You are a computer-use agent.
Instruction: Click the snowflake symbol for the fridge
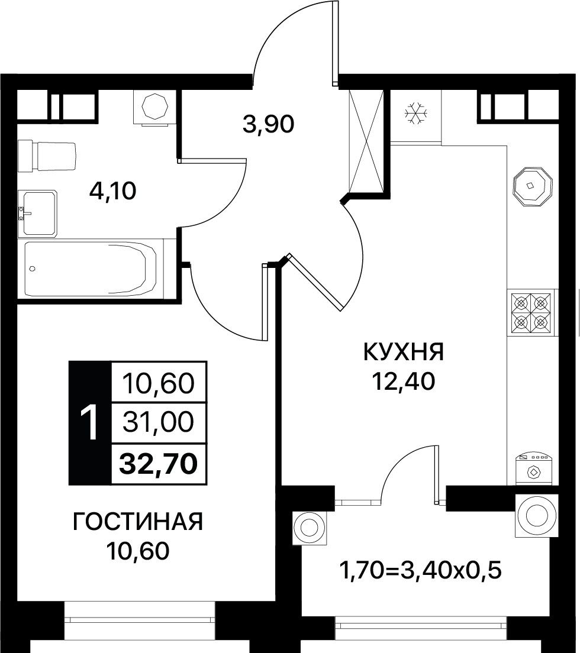point(416,112)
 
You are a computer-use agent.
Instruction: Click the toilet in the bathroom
point(47,156)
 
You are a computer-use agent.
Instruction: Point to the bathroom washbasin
point(37,213)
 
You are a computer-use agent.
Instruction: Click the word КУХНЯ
point(403,353)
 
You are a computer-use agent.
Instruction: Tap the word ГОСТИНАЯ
point(137,522)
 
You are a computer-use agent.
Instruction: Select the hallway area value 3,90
point(268,124)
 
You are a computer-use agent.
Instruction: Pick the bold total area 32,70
point(159,464)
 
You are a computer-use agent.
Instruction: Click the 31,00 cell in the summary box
point(159,423)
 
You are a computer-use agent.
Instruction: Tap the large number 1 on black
point(89,423)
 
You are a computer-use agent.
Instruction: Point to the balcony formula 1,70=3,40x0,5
point(420,570)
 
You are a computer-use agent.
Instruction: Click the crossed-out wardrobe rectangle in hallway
point(366,141)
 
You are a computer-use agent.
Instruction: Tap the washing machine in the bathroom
point(155,107)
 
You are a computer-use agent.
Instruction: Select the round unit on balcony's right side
point(537,516)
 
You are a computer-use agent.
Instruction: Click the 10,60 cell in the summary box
point(159,383)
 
